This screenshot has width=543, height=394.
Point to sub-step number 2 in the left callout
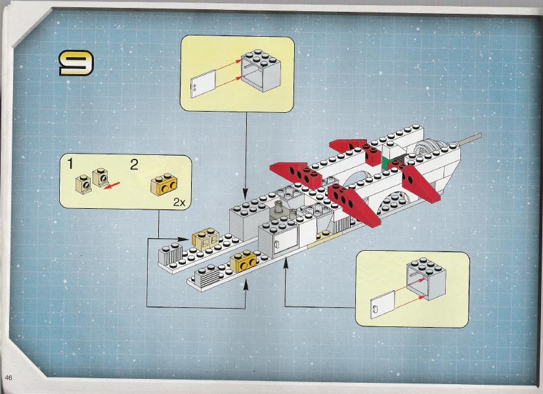[134, 164]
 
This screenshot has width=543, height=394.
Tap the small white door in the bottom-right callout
[380, 306]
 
